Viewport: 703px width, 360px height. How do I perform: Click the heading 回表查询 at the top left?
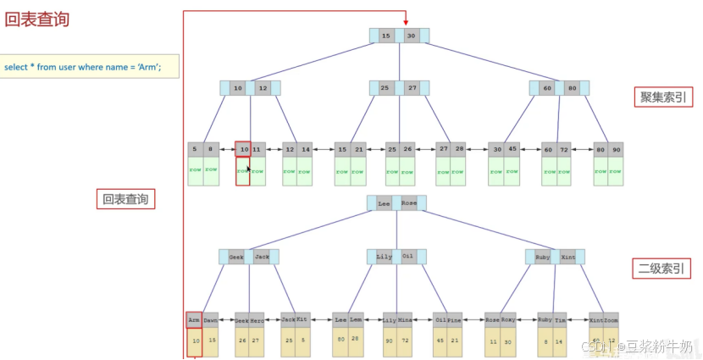[37, 19]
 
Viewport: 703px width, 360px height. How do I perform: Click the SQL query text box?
[90, 67]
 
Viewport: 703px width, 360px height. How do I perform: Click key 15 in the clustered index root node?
[386, 36]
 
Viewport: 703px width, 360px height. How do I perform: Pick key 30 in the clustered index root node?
[411, 36]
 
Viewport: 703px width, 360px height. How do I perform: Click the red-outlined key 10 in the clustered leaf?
[243, 149]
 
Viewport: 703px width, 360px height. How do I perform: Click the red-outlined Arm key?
[194, 319]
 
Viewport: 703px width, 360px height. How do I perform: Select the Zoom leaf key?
[611, 319]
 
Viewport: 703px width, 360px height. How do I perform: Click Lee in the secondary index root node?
[384, 203]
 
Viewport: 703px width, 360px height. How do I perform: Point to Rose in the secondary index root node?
[409, 203]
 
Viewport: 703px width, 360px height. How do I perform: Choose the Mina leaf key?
[404, 319]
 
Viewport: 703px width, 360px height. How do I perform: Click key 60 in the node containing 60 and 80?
[547, 88]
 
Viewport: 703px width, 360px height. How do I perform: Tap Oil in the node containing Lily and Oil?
[407, 256]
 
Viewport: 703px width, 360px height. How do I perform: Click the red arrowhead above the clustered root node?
[407, 22]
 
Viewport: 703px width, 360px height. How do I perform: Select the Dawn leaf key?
[210, 319]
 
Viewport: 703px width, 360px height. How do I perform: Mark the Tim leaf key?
[559, 319]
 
